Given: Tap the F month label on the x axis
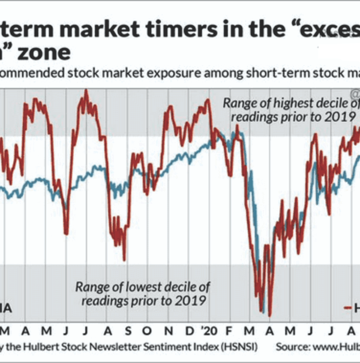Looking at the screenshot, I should coord(230,331).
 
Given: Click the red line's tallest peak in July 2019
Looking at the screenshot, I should coord(86,90).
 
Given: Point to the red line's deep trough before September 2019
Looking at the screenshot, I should coord(124,260).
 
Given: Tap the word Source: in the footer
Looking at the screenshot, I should coord(293,347).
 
